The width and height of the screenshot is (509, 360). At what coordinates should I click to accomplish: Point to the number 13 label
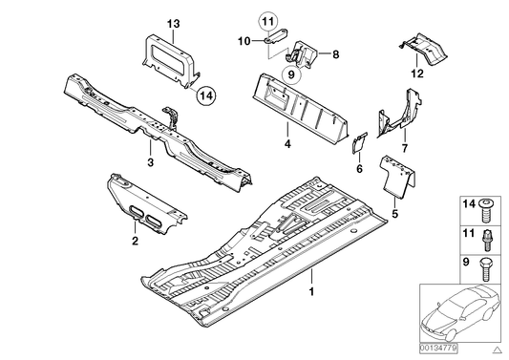tap(173, 23)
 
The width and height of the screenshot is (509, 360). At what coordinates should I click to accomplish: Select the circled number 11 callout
tap(268, 19)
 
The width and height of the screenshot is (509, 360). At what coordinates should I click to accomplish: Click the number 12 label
tap(416, 73)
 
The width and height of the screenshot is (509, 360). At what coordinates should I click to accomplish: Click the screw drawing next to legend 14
tap(489, 204)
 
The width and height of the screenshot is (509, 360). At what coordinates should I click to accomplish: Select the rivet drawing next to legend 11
tap(489, 232)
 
